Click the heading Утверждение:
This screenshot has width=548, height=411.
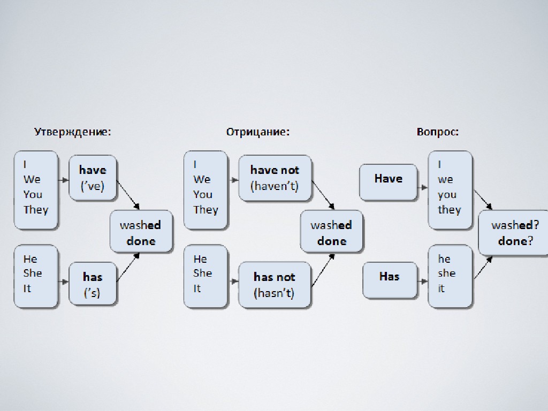click(73, 132)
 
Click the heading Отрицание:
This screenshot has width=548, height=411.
click(257, 132)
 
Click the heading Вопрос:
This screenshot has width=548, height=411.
click(437, 132)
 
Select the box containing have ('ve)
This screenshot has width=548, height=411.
click(93, 178)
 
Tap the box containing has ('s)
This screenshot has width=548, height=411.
click(93, 284)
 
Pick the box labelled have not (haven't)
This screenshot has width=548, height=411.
click(275, 178)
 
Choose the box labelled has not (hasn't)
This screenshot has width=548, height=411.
click(275, 284)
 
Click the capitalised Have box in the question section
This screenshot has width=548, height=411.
click(388, 182)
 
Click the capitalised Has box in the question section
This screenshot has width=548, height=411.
click(389, 279)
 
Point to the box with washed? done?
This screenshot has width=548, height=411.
click(513, 233)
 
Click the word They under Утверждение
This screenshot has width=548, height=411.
click(36, 209)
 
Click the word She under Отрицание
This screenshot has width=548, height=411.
click(203, 273)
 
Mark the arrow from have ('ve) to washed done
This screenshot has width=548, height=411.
click(128, 195)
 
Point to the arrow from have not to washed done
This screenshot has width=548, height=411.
click(323, 195)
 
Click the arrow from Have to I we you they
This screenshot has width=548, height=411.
click(422, 188)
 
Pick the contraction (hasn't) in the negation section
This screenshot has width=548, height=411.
click(274, 293)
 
